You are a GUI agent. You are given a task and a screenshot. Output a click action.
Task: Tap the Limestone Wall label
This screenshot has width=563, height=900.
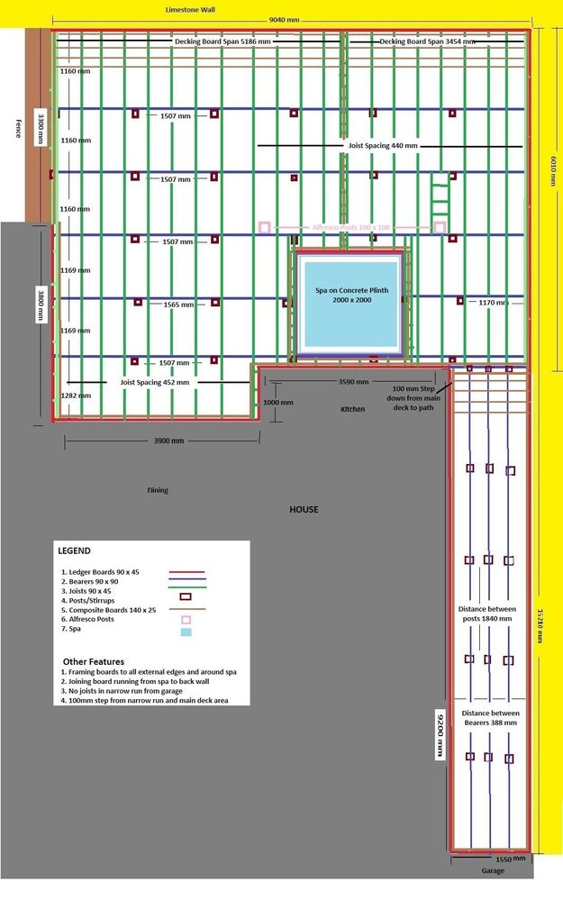190,8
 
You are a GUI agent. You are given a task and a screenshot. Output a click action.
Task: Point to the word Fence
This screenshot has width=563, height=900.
16,128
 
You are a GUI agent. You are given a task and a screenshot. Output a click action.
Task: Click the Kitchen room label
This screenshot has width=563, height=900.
353,409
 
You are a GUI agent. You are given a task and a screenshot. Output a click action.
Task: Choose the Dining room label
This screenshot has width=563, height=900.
158,491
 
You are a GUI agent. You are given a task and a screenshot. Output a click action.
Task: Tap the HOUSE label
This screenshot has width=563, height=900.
304,509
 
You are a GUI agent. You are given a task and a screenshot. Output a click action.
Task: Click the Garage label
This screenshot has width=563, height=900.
492,871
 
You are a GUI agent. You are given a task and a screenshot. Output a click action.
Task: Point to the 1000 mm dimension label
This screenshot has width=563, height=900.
278,402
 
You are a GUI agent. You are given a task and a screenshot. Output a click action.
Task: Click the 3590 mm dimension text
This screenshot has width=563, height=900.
352,382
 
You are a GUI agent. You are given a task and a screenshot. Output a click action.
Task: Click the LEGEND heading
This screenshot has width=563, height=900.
74,550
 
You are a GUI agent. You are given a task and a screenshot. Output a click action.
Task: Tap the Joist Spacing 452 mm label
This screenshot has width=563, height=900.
154,382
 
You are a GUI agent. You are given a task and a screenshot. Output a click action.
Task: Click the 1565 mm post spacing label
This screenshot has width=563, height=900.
177,305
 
